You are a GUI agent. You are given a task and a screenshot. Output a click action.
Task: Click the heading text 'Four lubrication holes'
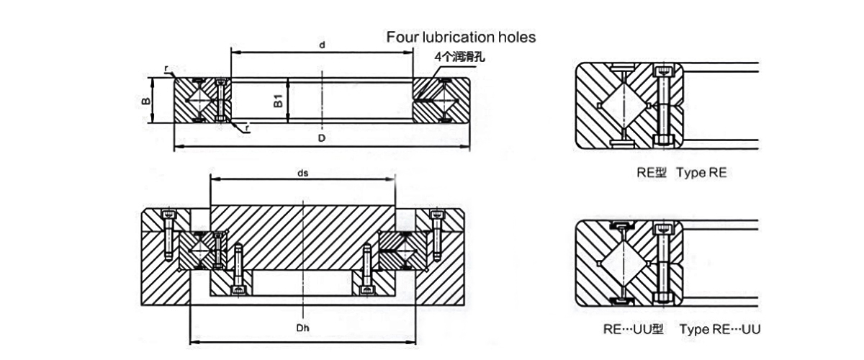coord(461,37)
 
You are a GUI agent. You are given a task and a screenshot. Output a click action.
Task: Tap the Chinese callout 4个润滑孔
coord(459,57)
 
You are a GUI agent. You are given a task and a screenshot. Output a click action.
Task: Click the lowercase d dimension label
coord(322,45)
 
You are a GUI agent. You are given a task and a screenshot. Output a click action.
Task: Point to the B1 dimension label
coord(278,101)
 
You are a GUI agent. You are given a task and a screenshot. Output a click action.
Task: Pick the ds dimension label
coord(302,174)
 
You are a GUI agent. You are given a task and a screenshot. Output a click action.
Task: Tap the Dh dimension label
coord(302,329)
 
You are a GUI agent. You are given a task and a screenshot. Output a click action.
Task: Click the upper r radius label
coord(166,69)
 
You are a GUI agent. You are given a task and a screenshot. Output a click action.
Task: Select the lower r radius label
coord(247,128)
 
